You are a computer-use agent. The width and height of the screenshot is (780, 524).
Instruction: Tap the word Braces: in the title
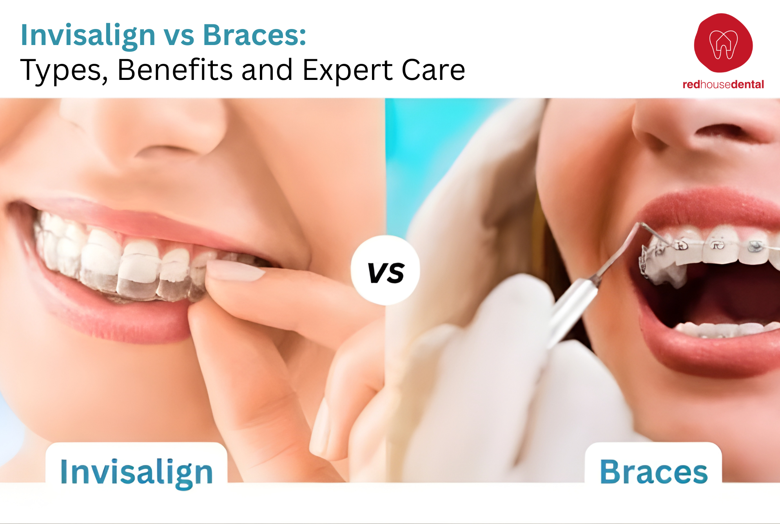[254, 35]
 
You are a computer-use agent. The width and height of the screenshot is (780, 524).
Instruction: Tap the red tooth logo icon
[723, 43]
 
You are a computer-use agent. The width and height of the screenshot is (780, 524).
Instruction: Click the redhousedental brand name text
[723, 85]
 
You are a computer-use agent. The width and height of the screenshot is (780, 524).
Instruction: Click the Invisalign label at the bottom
[136, 472]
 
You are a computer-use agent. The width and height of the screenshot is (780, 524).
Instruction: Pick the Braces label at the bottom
[653, 472]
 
